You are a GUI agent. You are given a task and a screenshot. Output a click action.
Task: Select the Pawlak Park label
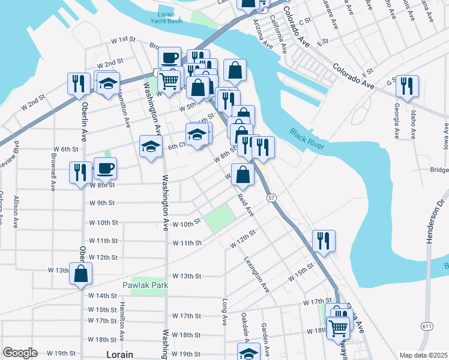click(x=145, y=286)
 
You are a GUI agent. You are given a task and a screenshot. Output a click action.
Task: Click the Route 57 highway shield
click(x=272, y=197)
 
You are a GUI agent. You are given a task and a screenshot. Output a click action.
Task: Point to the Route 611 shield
click(x=427, y=326)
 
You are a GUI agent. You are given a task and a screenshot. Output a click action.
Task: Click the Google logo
click(x=20, y=353)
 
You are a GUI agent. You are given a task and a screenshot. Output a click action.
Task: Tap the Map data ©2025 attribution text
click(x=423, y=355)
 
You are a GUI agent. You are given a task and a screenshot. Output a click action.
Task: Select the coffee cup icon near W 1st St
click(x=170, y=58)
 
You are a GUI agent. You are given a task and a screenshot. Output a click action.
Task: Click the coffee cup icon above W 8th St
click(x=106, y=168)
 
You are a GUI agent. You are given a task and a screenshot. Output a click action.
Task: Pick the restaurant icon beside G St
click(x=408, y=85)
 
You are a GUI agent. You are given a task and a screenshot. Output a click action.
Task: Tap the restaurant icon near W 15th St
click(x=324, y=241)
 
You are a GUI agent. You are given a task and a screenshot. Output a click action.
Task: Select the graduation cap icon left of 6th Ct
click(x=151, y=146)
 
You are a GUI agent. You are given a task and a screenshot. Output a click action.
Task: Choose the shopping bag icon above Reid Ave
click(x=243, y=175)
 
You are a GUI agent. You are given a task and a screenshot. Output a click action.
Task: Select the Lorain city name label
click(x=119, y=355)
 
